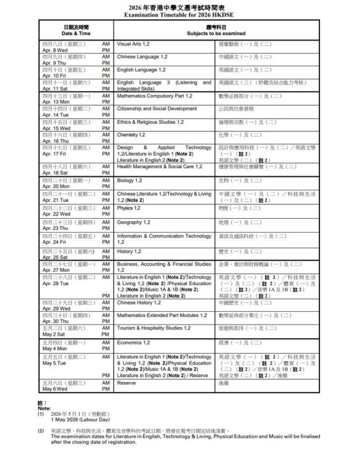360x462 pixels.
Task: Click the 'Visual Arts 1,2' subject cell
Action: click(x=133, y=44)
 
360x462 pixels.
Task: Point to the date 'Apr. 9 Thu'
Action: click(x=55, y=63)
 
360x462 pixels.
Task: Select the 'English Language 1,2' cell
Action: click(x=141, y=70)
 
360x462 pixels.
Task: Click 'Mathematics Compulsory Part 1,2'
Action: click(x=154, y=95)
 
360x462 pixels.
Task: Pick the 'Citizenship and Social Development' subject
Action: click(x=157, y=108)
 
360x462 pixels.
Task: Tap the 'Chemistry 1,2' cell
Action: click(x=131, y=134)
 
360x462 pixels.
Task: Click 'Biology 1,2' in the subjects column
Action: click(x=129, y=180)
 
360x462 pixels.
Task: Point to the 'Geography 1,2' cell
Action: click(x=133, y=222)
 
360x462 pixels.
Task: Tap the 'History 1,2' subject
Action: click(x=129, y=251)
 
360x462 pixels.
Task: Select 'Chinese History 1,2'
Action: click(x=138, y=302)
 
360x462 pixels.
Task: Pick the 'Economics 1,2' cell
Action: click(x=134, y=342)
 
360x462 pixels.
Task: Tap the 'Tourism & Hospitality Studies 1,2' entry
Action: click(x=153, y=328)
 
